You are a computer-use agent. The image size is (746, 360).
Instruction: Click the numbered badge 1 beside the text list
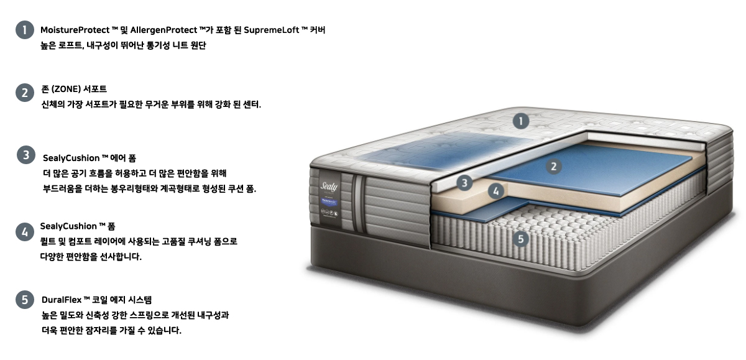click(24, 30)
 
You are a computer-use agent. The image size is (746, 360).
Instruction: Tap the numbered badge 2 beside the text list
click(24, 93)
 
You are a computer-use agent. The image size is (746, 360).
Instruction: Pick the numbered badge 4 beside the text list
click(24, 232)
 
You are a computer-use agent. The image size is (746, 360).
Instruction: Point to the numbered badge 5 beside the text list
click(24, 299)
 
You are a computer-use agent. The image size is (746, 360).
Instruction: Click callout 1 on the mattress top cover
click(521, 121)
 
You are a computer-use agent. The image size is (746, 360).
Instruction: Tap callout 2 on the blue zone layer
click(553, 166)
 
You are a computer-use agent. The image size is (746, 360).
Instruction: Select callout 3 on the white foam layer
click(464, 183)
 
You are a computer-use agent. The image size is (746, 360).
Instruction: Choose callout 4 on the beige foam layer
click(495, 192)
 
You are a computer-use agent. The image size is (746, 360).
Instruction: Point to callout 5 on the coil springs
click(522, 238)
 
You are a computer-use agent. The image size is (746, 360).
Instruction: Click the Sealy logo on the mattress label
click(329, 185)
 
